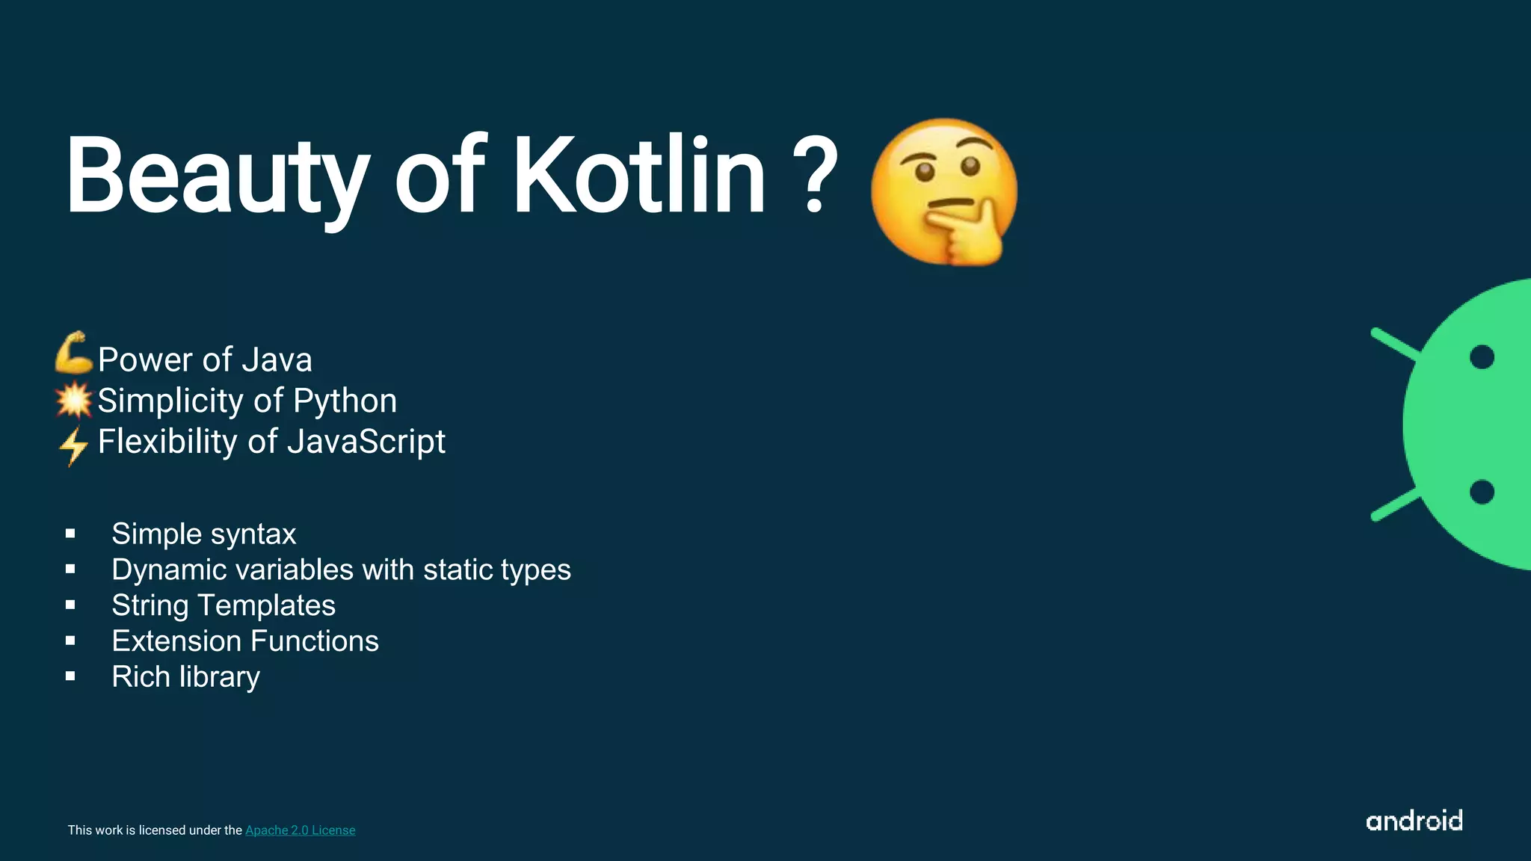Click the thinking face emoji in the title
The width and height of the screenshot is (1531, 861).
[943, 191]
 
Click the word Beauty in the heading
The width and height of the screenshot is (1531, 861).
[217, 178]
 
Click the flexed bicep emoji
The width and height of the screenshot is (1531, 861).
[73, 353]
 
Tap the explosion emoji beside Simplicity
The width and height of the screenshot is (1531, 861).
[73, 400]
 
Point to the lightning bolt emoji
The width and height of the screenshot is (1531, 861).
[73, 445]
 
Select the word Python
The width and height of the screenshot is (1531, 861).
[345, 401]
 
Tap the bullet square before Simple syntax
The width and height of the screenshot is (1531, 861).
[70, 534]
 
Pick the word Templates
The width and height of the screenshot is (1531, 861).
[266, 605]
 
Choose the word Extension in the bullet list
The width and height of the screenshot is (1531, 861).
[176, 641]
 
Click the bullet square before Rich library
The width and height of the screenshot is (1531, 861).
[70, 676]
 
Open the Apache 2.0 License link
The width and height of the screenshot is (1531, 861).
[300, 830]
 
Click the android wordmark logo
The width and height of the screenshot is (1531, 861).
[1414, 821]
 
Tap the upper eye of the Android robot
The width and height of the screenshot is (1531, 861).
[1482, 357]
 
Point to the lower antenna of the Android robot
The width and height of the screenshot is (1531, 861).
[1395, 504]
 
